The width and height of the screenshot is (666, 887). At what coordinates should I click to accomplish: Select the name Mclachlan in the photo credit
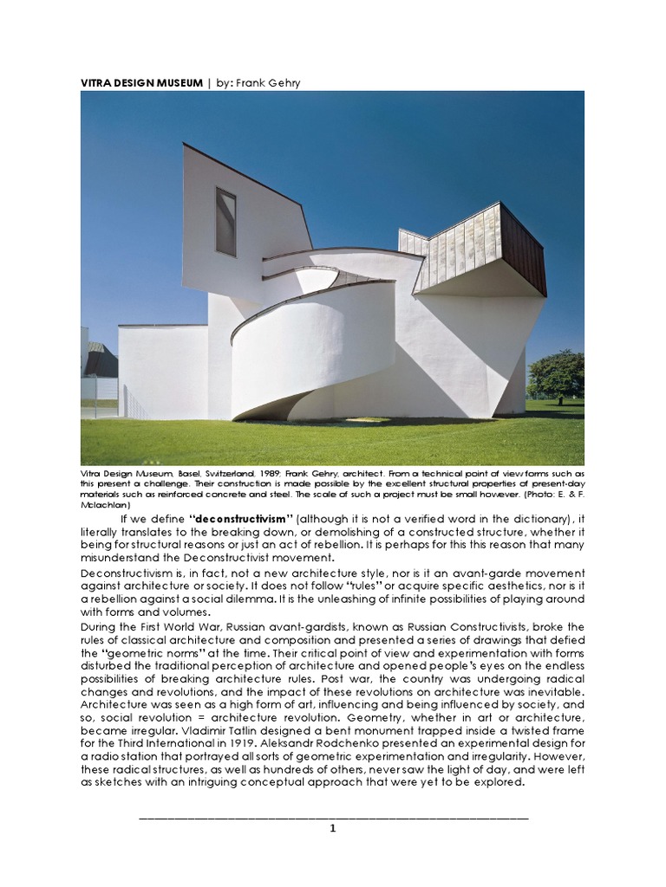click(106, 504)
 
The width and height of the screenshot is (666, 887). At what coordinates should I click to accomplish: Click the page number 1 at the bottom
click(332, 828)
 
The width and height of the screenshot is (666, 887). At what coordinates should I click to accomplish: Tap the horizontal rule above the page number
click(333, 817)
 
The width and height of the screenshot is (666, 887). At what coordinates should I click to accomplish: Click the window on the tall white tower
click(225, 222)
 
